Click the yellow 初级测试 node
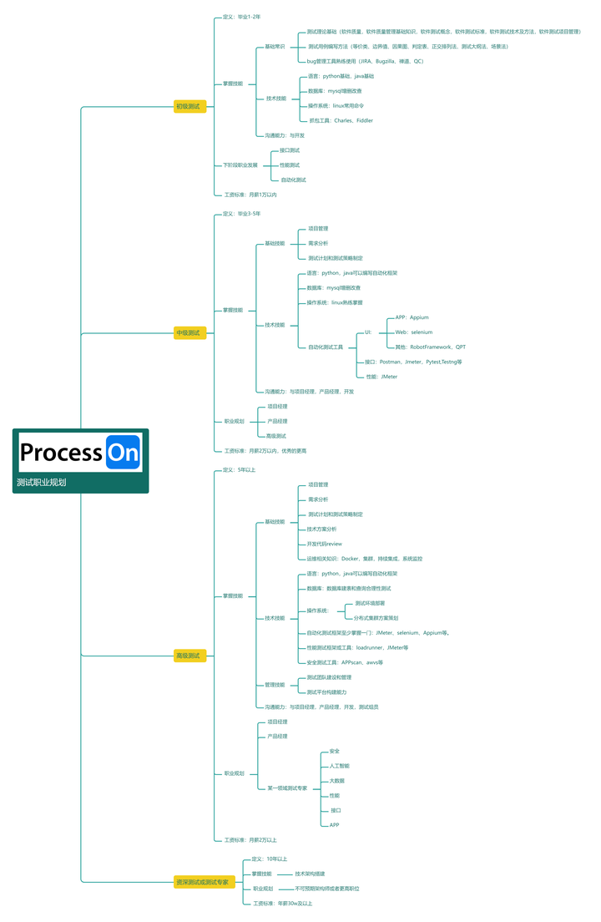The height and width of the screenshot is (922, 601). (x=189, y=107)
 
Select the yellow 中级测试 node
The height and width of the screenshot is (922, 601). (x=189, y=332)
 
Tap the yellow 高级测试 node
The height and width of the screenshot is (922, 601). (x=189, y=656)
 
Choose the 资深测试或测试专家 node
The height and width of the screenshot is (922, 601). (x=201, y=882)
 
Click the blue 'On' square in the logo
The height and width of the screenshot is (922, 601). (x=124, y=453)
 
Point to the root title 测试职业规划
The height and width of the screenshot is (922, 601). (x=42, y=483)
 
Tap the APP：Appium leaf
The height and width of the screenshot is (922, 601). (x=412, y=317)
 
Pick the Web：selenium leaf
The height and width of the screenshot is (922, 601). (x=414, y=332)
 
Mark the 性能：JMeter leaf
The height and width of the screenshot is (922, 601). (x=381, y=377)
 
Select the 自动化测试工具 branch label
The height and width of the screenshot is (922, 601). (x=326, y=347)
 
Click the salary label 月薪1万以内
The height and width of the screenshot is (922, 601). (x=250, y=195)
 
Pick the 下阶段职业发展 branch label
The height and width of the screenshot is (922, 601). (x=240, y=165)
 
